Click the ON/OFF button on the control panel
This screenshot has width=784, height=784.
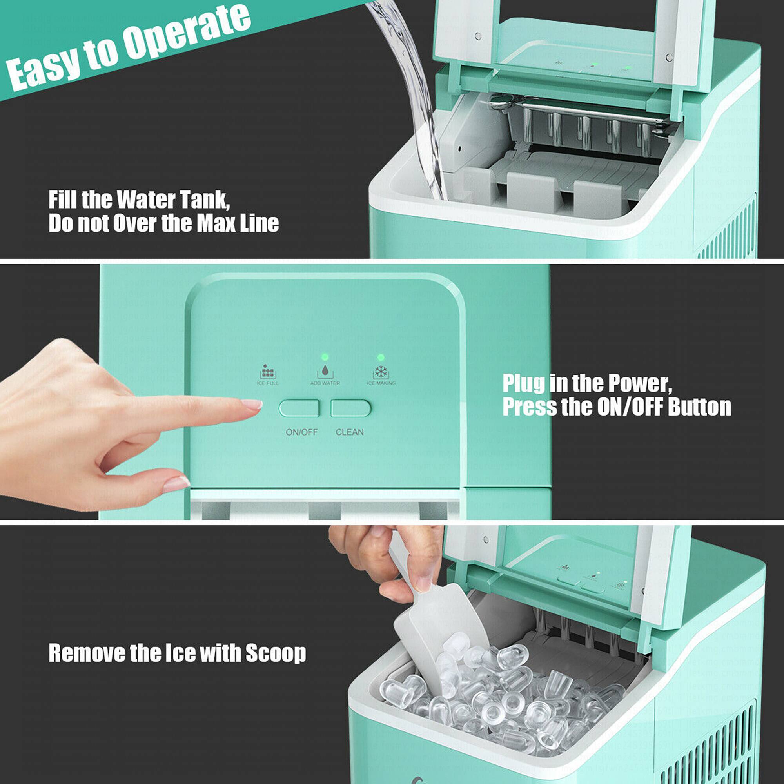pyautogui.click(x=299, y=408)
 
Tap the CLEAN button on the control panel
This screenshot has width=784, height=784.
pyautogui.click(x=350, y=408)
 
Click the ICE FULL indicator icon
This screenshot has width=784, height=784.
pyautogui.click(x=268, y=372)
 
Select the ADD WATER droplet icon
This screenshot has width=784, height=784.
pyautogui.click(x=325, y=371)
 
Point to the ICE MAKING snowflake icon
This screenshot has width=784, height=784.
pyautogui.click(x=381, y=371)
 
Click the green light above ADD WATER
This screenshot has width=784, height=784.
pyautogui.click(x=325, y=357)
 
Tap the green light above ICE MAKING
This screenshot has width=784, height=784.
pyautogui.click(x=381, y=357)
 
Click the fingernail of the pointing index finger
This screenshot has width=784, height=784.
pyautogui.click(x=252, y=404)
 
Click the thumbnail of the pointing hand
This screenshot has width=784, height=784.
pyautogui.click(x=176, y=484)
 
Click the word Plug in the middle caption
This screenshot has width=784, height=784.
pyautogui.click(x=523, y=384)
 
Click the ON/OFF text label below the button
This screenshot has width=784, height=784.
pyautogui.click(x=301, y=432)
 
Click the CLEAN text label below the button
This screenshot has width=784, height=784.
pyautogui.click(x=349, y=432)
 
